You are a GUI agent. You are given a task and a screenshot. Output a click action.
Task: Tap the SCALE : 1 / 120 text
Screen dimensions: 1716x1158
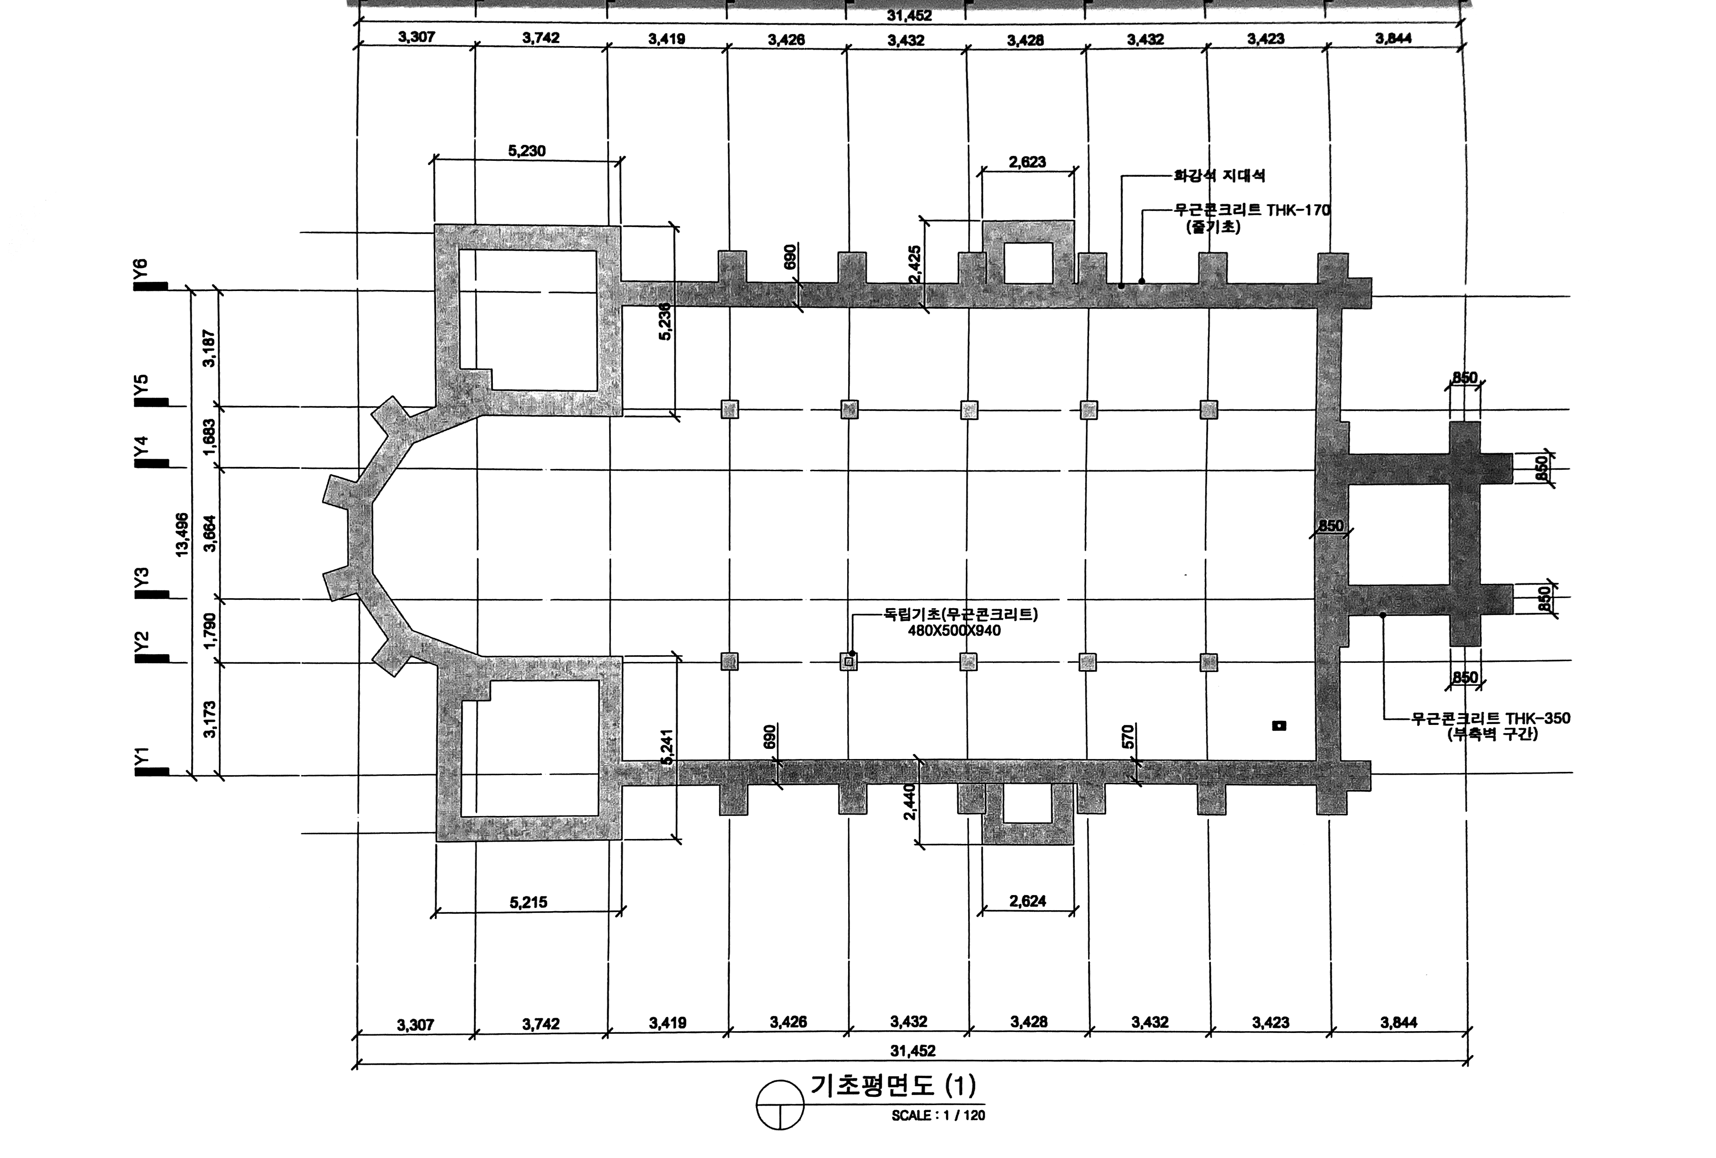(x=938, y=1115)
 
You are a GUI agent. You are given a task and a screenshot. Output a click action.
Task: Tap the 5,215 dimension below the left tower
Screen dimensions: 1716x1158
(x=529, y=902)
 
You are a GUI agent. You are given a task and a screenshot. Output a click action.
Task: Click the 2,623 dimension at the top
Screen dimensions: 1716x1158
(x=1027, y=162)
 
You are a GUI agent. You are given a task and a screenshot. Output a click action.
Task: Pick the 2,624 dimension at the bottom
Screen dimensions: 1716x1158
(x=1028, y=901)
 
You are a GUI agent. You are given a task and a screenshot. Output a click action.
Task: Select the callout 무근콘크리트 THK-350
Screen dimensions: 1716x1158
(x=1491, y=719)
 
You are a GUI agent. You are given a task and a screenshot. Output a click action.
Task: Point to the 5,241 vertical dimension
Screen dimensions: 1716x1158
(x=666, y=747)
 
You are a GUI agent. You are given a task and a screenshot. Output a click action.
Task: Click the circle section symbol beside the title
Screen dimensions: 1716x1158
(x=780, y=1105)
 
